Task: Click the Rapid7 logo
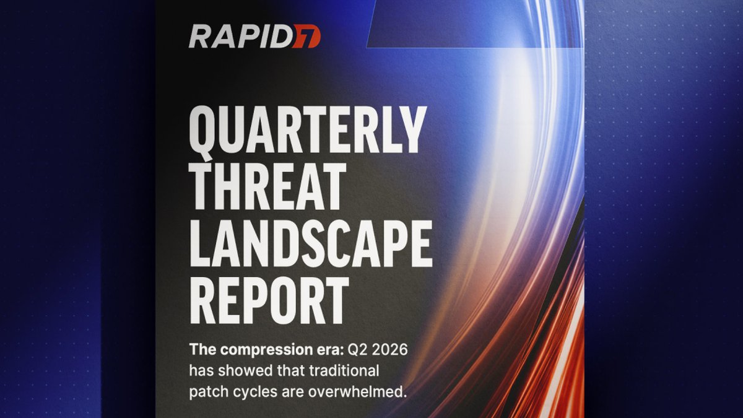pyautogui.click(x=254, y=36)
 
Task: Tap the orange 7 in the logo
pyautogui.click(x=307, y=36)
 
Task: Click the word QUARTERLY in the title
pyautogui.click(x=308, y=131)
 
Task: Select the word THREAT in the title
pyautogui.click(x=267, y=187)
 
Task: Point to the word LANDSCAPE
pyautogui.click(x=311, y=243)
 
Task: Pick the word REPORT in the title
pyautogui.click(x=269, y=300)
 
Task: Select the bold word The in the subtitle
pyautogui.click(x=203, y=350)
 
